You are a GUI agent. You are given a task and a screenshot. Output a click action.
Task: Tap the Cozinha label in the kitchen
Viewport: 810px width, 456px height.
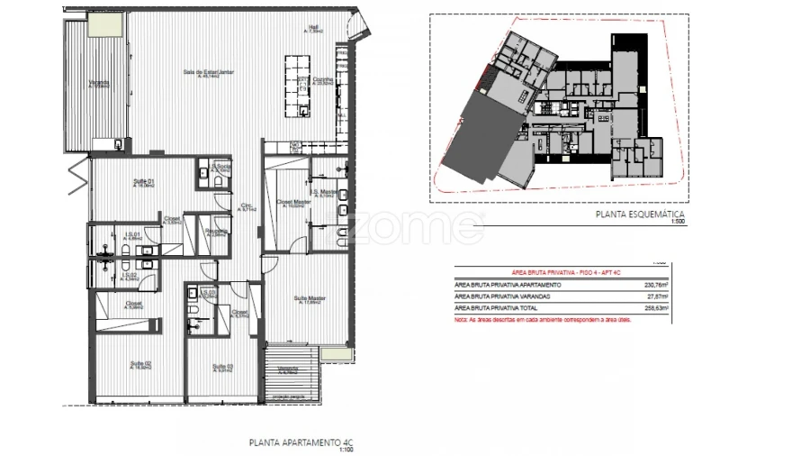(x=323, y=80)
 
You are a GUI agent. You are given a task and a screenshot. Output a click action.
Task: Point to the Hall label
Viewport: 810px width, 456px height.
(x=314, y=28)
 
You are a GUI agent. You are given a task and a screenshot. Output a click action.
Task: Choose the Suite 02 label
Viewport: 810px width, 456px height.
(x=139, y=365)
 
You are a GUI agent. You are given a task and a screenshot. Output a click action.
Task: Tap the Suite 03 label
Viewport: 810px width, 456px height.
(x=223, y=367)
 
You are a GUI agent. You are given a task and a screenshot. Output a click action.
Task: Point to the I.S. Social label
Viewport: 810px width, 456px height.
(x=223, y=169)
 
